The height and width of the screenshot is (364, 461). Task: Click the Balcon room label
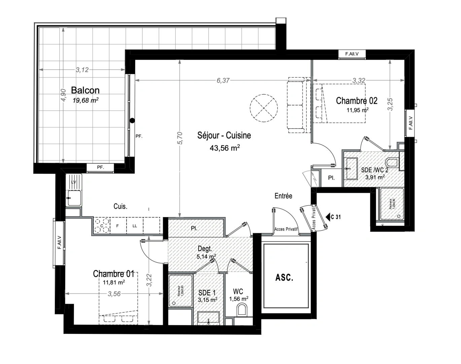[x=85, y=90]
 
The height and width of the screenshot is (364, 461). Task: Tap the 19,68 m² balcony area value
[x=85, y=100]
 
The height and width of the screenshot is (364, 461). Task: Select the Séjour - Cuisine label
[x=224, y=135]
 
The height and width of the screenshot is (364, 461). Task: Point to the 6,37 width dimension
[x=223, y=81]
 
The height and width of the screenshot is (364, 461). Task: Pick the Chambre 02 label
[x=357, y=101]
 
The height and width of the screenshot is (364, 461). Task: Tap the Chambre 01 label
[x=114, y=274]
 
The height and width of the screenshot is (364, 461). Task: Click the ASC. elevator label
[x=284, y=278]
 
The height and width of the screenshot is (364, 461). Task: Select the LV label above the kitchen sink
[x=74, y=182]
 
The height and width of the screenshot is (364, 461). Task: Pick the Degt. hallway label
[x=205, y=249]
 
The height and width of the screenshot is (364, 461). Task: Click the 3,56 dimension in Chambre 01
[x=114, y=294]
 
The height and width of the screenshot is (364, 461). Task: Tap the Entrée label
[x=283, y=196]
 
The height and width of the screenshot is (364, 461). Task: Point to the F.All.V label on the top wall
[x=352, y=54]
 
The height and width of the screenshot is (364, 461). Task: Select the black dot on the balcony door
[x=132, y=120]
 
